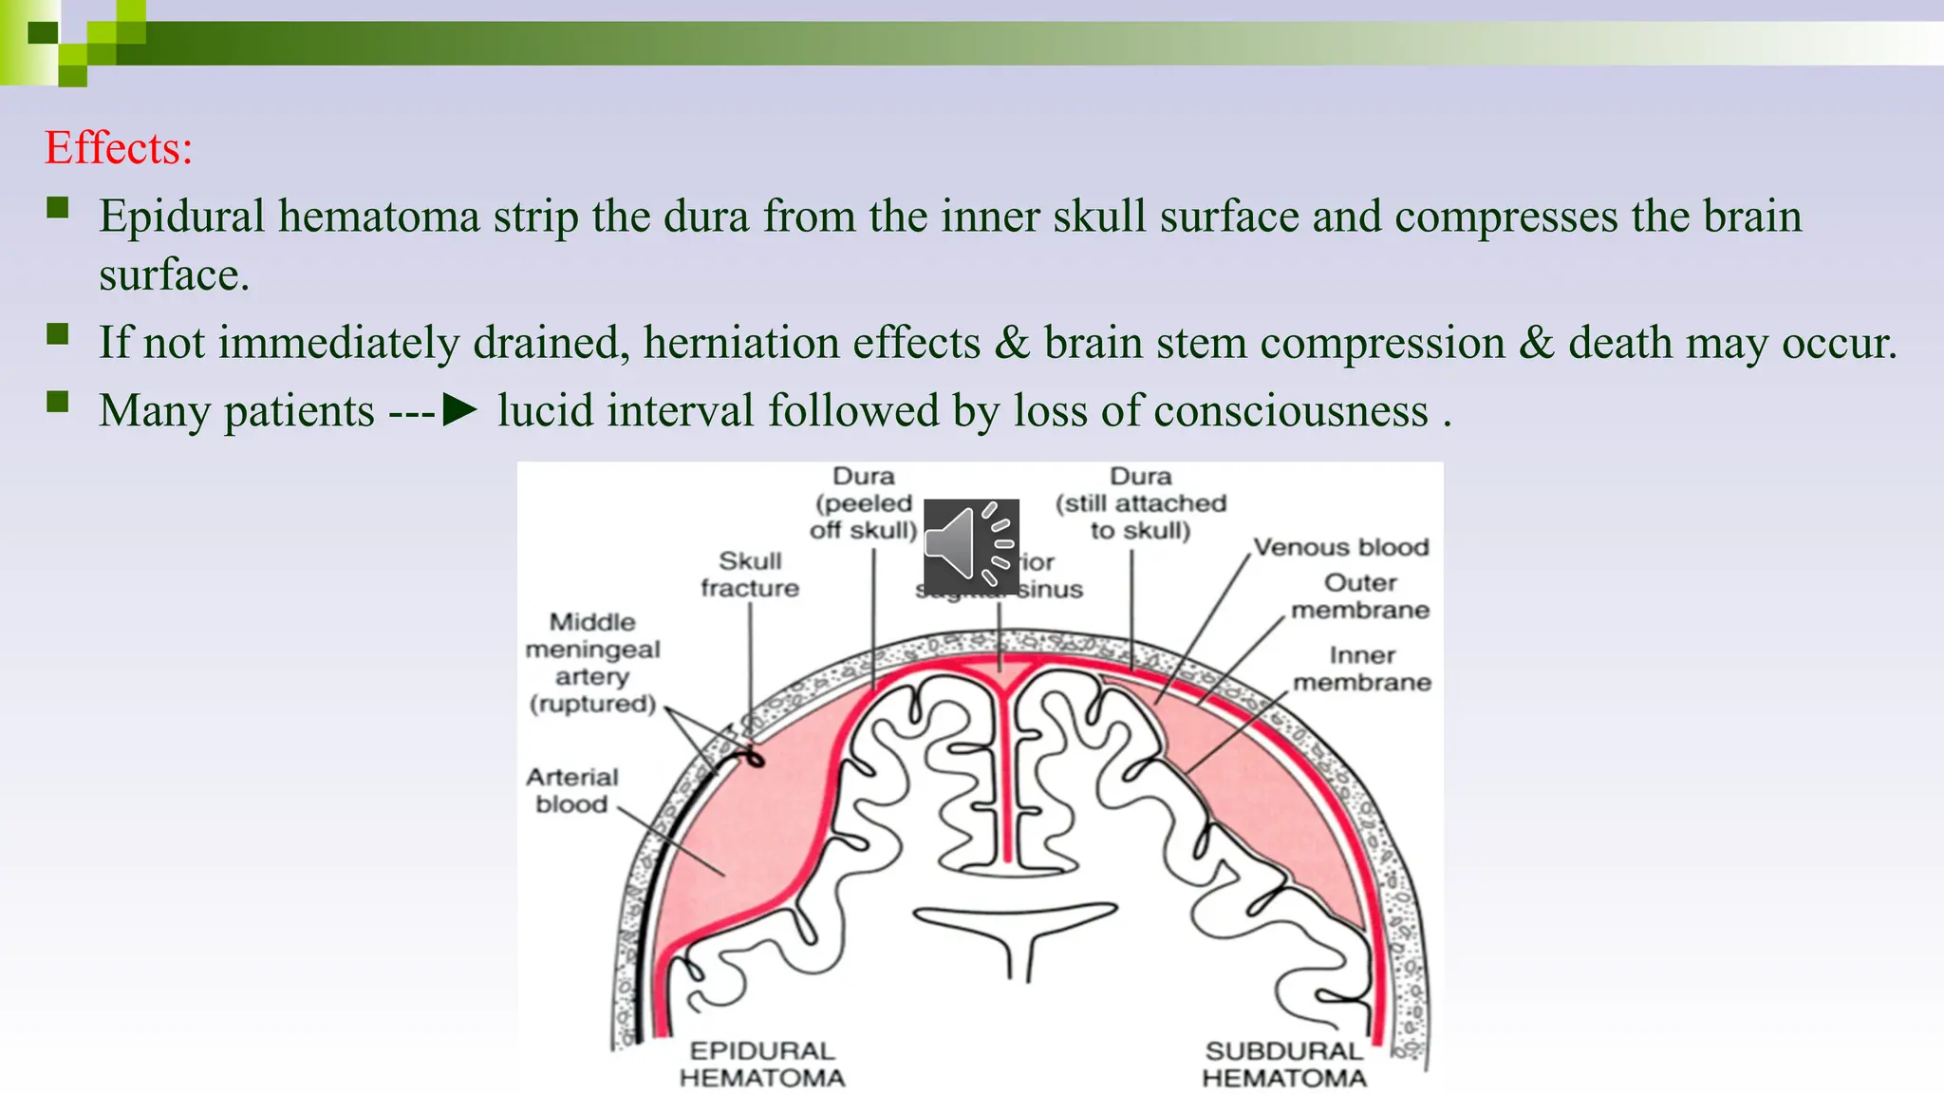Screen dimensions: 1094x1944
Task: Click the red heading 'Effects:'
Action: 119,148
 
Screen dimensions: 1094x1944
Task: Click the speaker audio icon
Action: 970,546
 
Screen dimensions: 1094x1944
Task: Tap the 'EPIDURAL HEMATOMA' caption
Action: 762,1065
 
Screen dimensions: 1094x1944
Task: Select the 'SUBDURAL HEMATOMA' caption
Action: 1284,1065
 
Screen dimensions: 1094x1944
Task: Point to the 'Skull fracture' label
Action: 750,575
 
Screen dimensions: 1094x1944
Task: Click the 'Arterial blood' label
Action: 571,790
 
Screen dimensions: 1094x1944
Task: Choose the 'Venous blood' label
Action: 1340,547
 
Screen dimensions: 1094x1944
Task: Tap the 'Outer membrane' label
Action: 1360,596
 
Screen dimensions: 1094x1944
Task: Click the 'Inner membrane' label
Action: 1362,669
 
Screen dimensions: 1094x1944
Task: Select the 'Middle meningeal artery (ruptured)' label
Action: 592,663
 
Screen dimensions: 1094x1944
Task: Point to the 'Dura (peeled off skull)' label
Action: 863,503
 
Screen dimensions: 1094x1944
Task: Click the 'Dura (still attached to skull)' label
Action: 1141,503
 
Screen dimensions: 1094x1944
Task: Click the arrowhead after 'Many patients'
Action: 460,410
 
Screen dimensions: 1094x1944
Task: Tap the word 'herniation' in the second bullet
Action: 812,343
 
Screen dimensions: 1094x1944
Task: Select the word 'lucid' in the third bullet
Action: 545,410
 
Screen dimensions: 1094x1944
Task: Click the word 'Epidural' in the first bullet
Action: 181,217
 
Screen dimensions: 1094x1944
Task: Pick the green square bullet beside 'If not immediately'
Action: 58,334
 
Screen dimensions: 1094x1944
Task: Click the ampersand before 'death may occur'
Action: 1536,343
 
